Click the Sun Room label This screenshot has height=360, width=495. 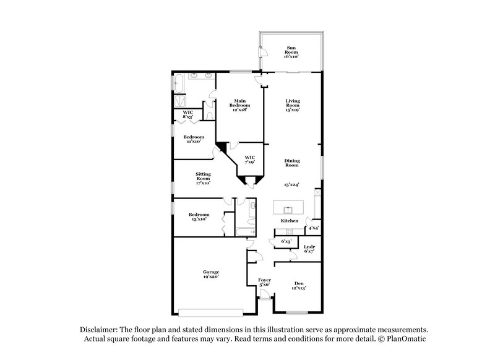[x=291, y=50]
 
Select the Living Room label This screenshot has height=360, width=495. [x=293, y=105]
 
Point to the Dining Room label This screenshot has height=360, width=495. [x=292, y=163]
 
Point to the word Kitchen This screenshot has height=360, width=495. [x=290, y=221]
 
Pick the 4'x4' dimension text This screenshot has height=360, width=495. [x=313, y=229]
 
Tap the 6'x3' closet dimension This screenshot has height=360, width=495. [x=286, y=241]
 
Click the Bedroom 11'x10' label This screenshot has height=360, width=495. [x=194, y=139]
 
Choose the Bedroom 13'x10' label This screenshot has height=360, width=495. [x=199, y=216]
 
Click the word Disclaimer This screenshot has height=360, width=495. [x=100, y=330]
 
